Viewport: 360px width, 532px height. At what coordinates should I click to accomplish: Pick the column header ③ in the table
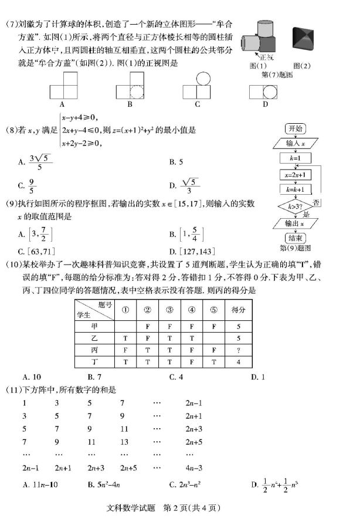click(169, 309)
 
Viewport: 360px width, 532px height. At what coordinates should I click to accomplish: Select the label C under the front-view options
click(198, 104)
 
